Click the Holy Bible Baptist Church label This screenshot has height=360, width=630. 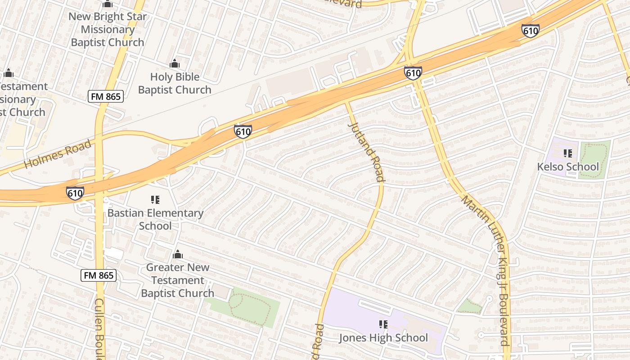[x=175, y=83]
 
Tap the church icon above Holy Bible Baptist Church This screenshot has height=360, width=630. [x=175, y=64]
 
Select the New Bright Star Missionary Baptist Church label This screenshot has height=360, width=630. [x=108, y=30]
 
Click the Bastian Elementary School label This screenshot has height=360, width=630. [x=155, y=219]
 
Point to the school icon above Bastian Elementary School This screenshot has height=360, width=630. [x=155, y=199]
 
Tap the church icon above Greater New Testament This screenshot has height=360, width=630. [x=178, y=255]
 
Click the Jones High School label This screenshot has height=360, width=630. [x=383, y=337]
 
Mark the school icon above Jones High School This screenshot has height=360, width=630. [x=383, y=324]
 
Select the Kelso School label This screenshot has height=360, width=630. [x=568, y=167]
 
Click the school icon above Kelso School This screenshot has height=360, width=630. [x=568, y=153]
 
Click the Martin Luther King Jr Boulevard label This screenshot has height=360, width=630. [x=486, y=270]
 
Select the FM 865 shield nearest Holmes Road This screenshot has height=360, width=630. [x=105, y=96]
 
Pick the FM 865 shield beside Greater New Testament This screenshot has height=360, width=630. [x=99, y=275]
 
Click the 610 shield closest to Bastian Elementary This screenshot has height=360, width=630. [x=75, y=193]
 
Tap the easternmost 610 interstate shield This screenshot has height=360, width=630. [x=531, y=31]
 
